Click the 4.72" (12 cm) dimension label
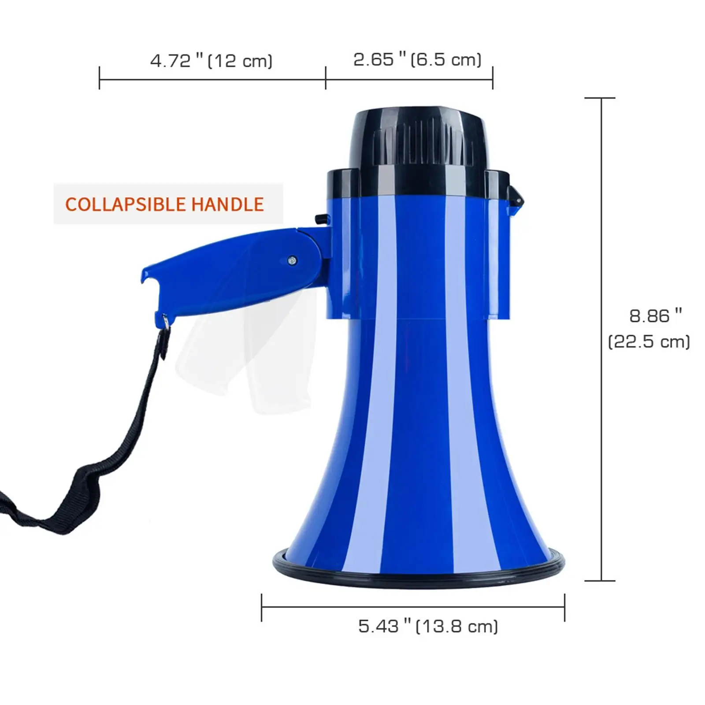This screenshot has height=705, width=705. tap(211, 60)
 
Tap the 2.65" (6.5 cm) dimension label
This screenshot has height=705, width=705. tap(417, 59)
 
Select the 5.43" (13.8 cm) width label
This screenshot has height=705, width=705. tap(428, 626)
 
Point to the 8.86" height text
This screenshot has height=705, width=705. tap(655, 315)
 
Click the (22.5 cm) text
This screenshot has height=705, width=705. tap(649, 341)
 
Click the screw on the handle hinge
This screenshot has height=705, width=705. tap(292, 261)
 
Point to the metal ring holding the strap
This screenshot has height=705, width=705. tap(165, 320)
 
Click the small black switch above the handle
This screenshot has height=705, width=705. tap(323, 219)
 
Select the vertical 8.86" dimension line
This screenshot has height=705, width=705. tap(601, 339)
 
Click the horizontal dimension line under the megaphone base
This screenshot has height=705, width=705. tap(413, 607)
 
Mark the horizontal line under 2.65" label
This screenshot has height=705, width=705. tap(409, 80)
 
